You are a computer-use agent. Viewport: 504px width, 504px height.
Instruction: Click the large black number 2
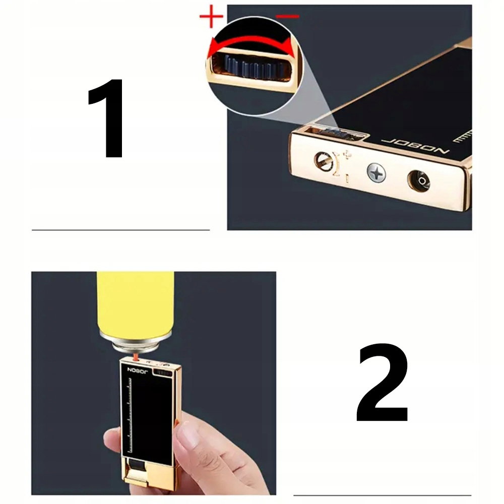point(383,382)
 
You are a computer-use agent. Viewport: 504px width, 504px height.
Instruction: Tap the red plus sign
point(211,16)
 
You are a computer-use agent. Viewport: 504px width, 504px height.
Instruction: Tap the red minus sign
point(287,16)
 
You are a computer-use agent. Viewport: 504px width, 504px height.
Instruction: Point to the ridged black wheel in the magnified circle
point(254,67)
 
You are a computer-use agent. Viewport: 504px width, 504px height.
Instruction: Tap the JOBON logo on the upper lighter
point(415,146)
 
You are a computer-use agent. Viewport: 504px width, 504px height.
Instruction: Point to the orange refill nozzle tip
point(135,357)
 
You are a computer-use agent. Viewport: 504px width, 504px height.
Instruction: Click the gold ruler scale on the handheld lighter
point(130,415)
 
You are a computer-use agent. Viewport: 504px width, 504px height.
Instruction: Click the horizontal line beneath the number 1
point(121,230)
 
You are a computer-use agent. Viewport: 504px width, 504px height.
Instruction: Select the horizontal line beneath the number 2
point(382,495)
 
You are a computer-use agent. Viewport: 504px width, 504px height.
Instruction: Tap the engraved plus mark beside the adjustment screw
point(347,155)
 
